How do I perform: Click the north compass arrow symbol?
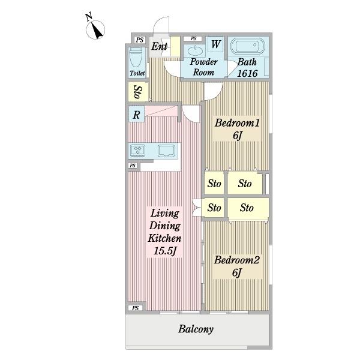95,30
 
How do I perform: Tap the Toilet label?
137,73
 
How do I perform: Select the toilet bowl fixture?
137,59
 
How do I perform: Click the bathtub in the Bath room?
247,46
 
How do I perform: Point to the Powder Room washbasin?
195,50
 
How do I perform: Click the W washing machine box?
215,44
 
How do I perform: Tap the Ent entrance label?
159,46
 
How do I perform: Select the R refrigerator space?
136,114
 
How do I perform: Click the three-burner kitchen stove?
137,151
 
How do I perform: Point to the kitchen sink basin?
166,151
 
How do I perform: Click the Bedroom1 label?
237,123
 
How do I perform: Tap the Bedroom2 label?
237,260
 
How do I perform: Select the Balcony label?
196,329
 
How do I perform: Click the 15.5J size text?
165,250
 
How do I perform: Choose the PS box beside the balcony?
136,308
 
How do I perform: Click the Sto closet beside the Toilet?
138,92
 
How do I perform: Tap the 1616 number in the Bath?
247,73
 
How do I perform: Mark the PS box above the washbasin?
193,38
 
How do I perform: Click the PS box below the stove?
133,166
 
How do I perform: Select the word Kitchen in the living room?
164,238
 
